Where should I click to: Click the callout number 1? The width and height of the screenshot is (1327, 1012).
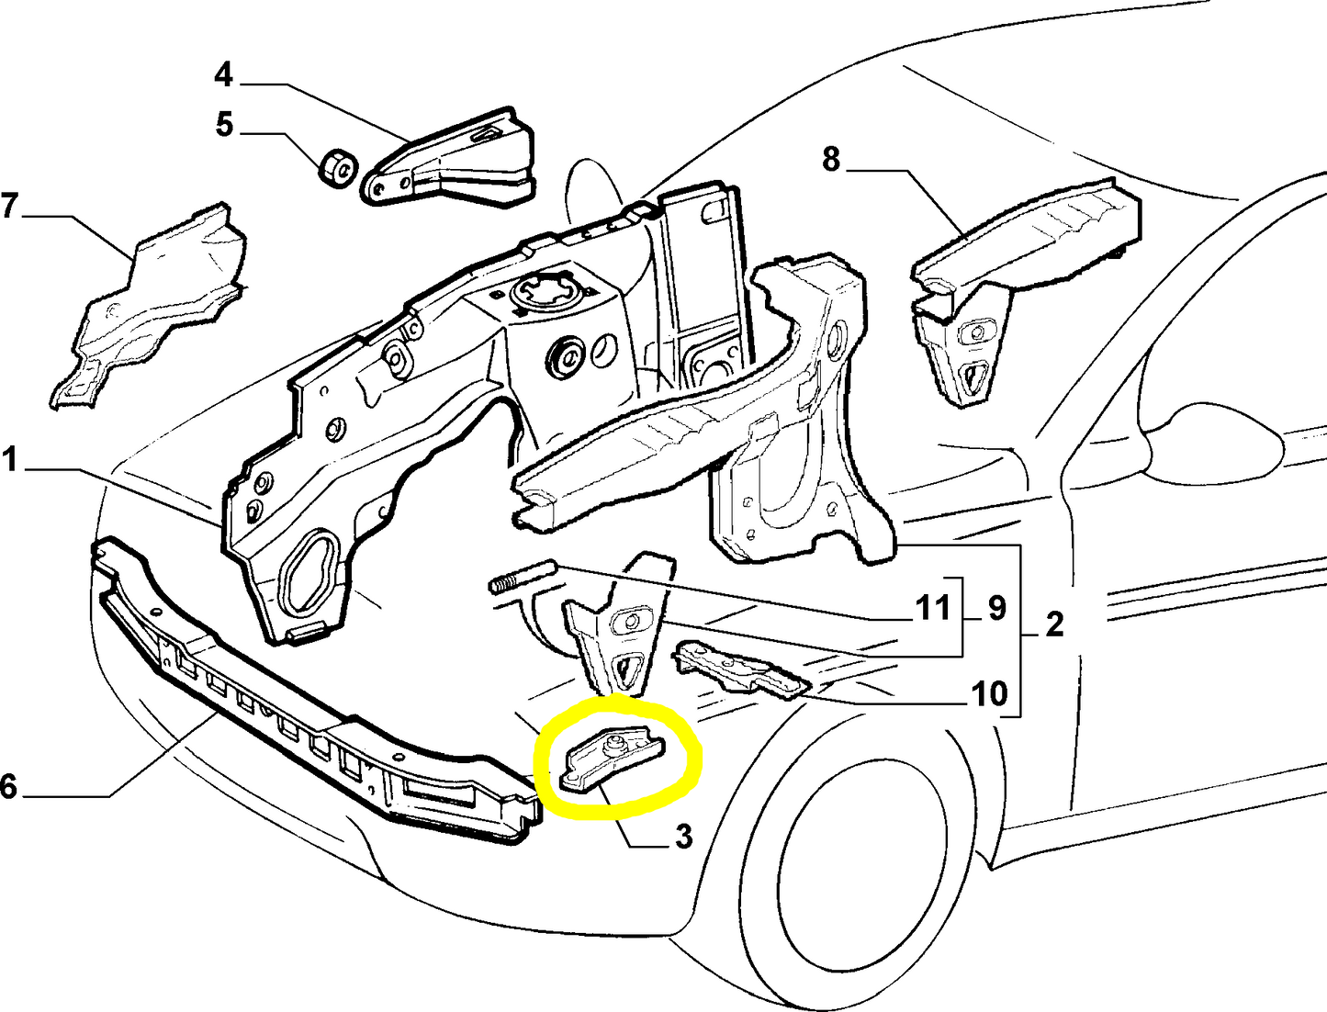(10, 460)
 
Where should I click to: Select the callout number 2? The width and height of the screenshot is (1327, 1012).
(1053, 624)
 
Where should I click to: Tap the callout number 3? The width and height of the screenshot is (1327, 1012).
(683, 837)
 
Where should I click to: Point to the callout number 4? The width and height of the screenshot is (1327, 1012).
(224, 75)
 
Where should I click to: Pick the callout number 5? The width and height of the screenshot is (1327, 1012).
(224, 125)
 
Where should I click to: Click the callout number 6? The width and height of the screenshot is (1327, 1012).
(8, 786)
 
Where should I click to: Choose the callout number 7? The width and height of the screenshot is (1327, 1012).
(10, 205)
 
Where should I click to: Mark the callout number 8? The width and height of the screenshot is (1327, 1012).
(831, 160)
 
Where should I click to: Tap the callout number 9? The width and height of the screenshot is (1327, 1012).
(996, 608)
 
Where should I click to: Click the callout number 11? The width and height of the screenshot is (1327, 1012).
(934, 608)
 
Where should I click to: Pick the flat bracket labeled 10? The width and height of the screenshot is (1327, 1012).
(741, 669)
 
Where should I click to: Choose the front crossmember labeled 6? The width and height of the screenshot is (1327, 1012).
(314, 689)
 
